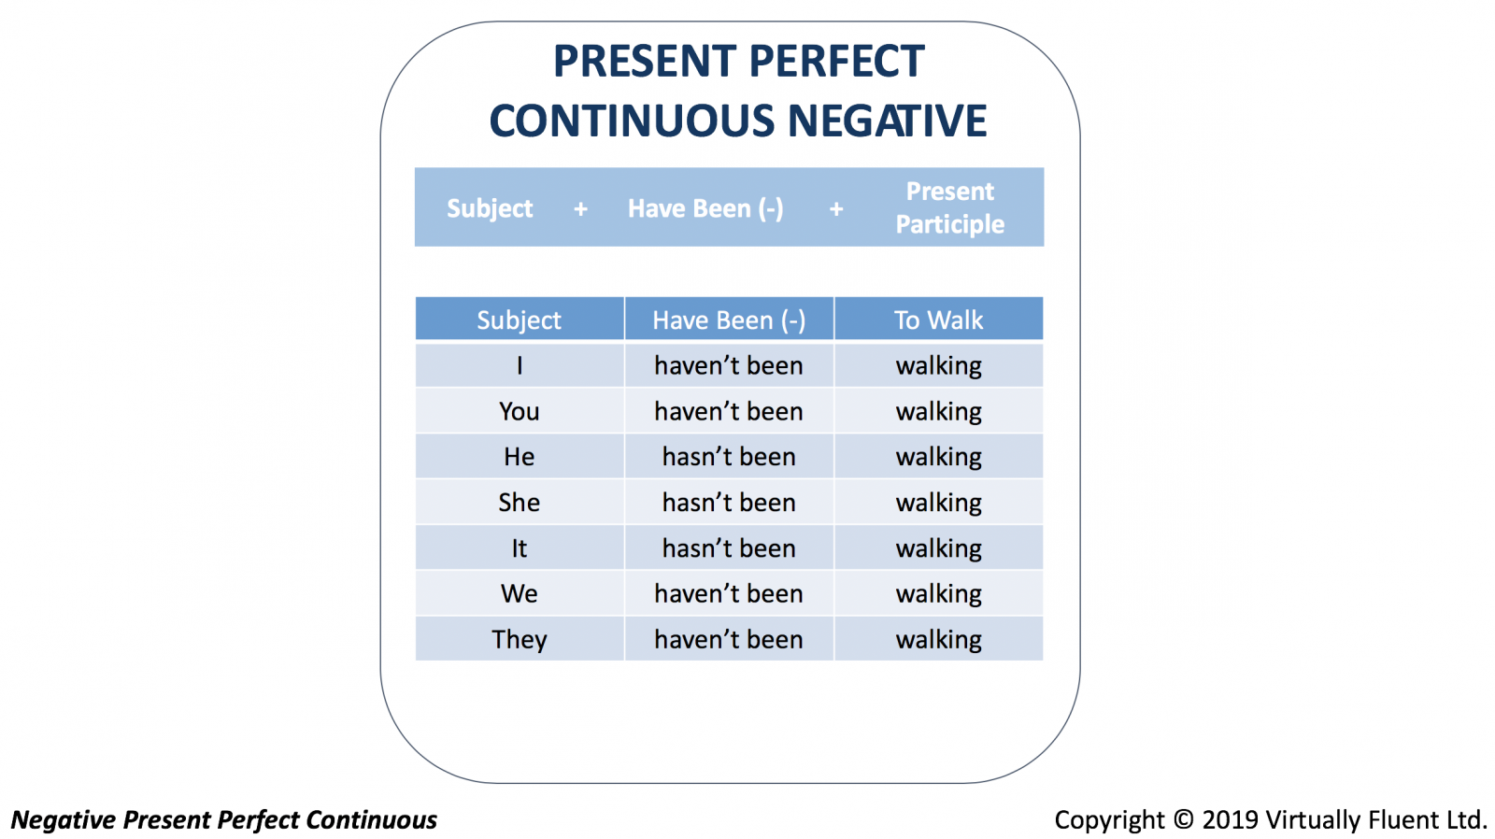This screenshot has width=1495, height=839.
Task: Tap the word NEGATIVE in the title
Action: [887, 121]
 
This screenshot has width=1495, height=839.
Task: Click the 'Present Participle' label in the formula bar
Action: [949, 207]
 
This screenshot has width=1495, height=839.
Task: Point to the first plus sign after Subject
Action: [580, 209]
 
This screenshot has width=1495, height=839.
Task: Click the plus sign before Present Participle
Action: [836, 209]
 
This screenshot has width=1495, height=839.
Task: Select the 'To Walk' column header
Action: [938, 320]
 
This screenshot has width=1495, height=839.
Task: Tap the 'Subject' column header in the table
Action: [519, 320]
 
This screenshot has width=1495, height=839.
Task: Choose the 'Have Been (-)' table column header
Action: [729, 320]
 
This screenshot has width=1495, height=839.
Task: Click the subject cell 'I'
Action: [520, 365]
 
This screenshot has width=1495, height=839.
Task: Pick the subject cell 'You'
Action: [519, 411]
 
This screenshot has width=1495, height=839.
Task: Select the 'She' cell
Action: [519, 503]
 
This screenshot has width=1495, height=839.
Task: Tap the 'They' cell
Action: [520, 639]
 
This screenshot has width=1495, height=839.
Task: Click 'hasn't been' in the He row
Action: [729, 457]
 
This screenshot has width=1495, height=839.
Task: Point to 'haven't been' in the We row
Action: [729, 593]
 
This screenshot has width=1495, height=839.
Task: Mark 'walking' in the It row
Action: [938, 548]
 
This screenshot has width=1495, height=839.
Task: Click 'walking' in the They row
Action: [938, 640]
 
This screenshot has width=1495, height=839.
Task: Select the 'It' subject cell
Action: [520, 548]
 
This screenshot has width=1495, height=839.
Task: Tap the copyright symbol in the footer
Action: [1183, 819]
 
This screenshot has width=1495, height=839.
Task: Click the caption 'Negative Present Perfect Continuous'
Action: [224, 819]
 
